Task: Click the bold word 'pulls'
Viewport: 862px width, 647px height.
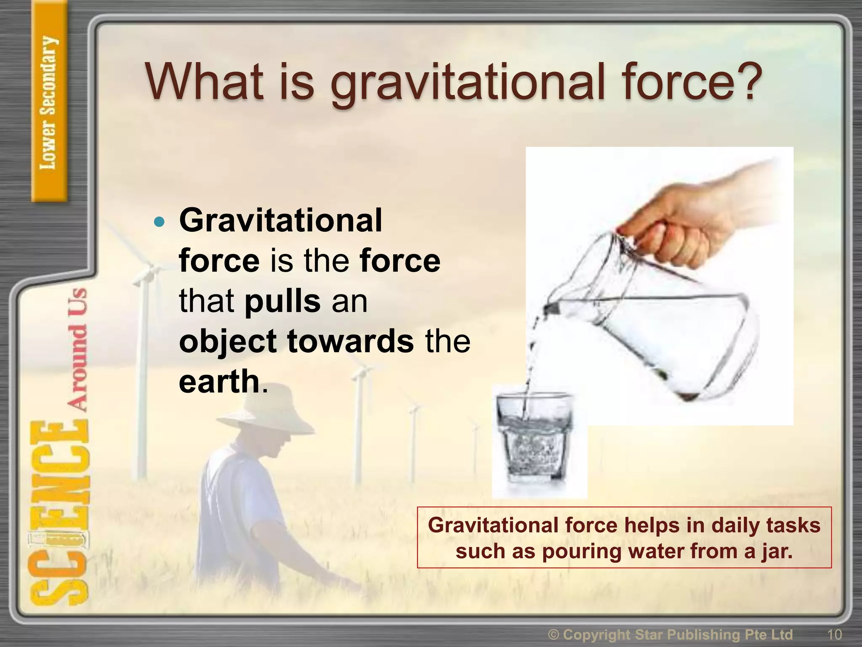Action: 282,301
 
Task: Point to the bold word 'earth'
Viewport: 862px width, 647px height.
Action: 219,381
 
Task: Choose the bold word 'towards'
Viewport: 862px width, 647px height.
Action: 350,341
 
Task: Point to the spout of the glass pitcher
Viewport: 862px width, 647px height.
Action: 549,310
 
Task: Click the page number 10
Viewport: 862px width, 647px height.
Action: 834,634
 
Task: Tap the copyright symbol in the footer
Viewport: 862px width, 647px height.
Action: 554,634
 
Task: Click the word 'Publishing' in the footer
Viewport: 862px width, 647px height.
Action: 703,634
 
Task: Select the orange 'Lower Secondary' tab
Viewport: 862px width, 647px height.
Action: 49,101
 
